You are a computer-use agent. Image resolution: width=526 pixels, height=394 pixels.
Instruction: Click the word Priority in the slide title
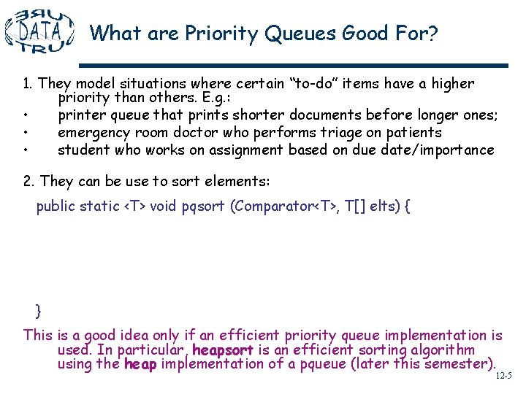212,34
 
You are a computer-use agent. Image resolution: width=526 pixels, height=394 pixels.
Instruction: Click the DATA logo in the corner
39,31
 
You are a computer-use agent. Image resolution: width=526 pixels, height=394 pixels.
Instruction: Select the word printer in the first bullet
81,115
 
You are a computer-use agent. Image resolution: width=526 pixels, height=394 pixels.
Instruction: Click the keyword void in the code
163,206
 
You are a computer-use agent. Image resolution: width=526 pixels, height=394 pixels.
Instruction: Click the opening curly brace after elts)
406,206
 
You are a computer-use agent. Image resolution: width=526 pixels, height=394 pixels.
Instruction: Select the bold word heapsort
222,350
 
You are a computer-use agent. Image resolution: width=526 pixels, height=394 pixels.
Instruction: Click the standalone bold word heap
140,364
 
